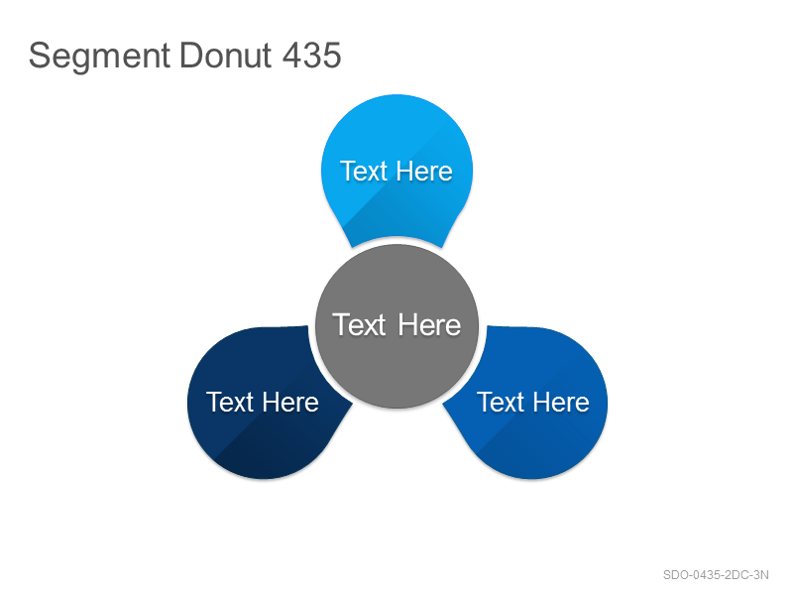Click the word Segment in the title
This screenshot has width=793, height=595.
point(99,57)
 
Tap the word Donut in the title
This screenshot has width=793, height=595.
point(226,55)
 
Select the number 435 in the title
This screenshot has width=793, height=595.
point(311,55)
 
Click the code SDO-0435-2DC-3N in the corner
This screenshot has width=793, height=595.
point(716,575)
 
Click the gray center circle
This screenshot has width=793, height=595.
point(397,326)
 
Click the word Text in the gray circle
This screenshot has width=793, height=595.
point(360,324)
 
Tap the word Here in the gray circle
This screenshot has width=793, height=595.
point(429,324)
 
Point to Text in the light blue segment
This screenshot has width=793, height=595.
point(364,171)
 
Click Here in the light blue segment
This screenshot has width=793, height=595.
point(424,171)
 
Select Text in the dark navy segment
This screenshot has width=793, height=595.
point(230,403)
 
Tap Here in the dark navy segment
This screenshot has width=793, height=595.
point(290,403)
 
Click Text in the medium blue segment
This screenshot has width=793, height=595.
point(501,403)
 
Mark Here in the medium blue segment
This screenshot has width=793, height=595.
point(561,403)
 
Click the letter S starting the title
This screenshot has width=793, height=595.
point(40,55)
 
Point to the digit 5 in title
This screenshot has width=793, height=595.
point(332,55)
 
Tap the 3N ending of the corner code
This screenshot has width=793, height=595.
point(761,575)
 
